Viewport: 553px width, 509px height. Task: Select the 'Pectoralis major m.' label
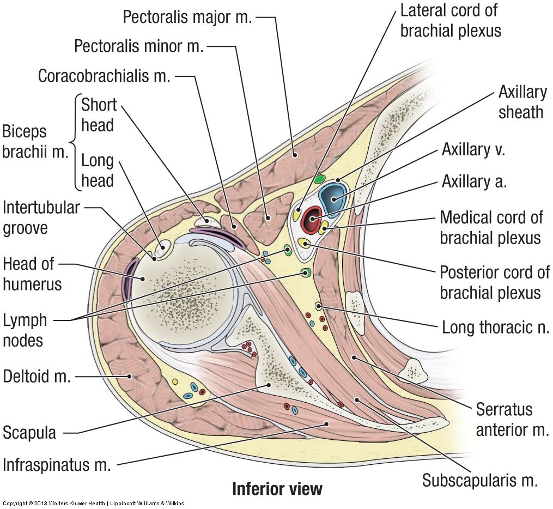[187, 17]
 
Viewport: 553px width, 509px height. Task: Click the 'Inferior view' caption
[277, 488]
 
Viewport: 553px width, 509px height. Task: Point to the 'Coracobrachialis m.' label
[104, 76]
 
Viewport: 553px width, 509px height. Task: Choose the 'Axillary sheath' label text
[520, 102]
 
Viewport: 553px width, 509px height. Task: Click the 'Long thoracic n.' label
[496, 327]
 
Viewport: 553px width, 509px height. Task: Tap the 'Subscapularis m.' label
[480, 481]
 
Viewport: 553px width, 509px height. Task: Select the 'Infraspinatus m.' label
[57, 465]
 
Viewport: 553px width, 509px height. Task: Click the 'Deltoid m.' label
[37, 377]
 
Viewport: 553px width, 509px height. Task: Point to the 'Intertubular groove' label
[41, 217]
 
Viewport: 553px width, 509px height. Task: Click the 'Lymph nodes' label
[25, 330]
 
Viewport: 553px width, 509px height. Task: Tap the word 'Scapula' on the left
[29, 433]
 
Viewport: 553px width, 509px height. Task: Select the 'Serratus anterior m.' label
[512, 420]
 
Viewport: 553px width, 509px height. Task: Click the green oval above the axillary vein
[320, 179]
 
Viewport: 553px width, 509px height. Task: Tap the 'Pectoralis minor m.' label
[138, 46]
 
